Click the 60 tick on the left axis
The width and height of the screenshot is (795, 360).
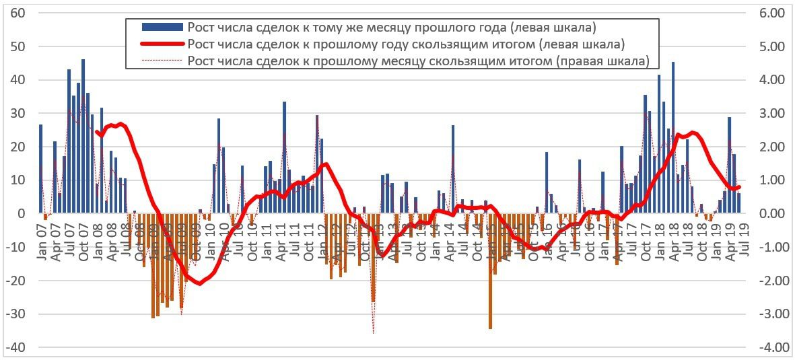click(18, 13)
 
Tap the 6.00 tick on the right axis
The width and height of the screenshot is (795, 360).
click(767, 13)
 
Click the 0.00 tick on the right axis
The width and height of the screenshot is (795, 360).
click(767, 214)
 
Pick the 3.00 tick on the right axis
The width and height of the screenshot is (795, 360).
click(767, 114)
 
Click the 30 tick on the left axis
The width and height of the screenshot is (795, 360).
click(18, 114)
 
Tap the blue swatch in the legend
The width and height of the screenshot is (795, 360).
click(162, 27)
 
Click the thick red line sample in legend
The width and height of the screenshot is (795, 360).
click(162, 44)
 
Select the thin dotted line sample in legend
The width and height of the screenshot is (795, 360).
click(162, 61)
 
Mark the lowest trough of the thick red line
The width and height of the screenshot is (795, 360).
click(199, 283)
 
